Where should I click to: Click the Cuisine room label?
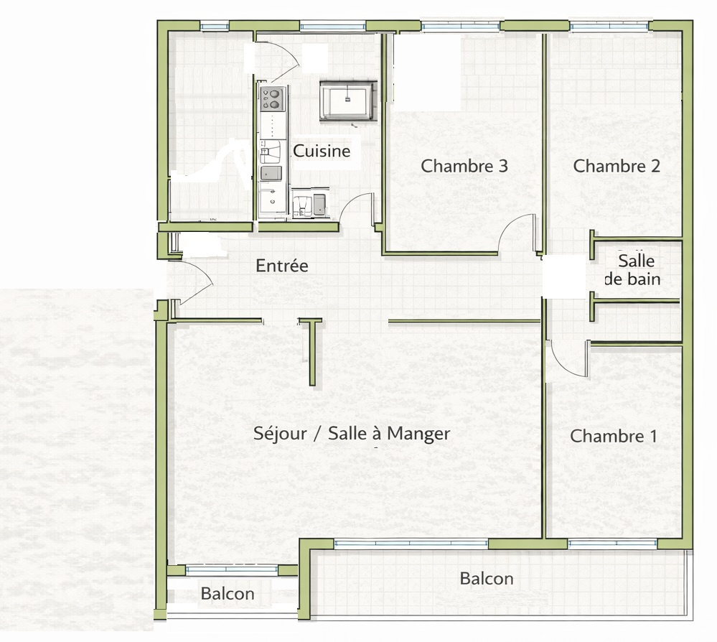click(x=322, y=151)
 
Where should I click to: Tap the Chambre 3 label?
click(x=464, y=166)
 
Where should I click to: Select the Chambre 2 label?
click(x=617, y=166)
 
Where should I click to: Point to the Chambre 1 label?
click(x=613, y=436)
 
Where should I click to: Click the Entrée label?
click(x=281, y=266)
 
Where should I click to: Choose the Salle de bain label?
click(x=633, y=270)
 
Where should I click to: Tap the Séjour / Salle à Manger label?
click(x=352, y=433)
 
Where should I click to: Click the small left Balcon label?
click(x=228, y=593)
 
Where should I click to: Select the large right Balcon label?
click(x=487, y=578)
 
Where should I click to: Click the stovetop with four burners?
click(x=273, y=99)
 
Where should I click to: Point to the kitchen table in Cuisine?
click(x=348, y=100)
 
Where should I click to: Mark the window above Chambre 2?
click(x=609, y=27)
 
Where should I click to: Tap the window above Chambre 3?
click(x=460, y=27)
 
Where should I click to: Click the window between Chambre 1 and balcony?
click(x=613, y=544)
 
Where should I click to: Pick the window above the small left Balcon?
click(x=232, y=569)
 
